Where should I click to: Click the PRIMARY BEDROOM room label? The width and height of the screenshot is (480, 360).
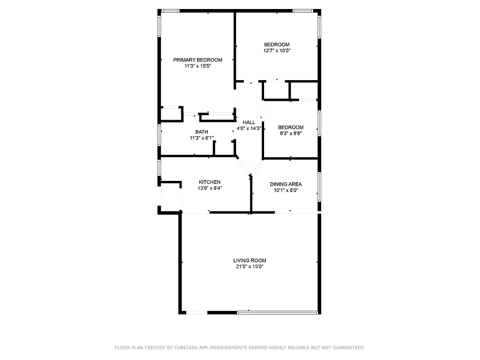[x=197, y=60]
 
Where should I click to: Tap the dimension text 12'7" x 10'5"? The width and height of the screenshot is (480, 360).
[x=277, y=51]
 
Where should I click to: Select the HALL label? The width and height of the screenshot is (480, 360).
[x=249, y=122]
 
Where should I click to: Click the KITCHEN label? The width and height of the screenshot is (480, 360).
[x=210, y=182]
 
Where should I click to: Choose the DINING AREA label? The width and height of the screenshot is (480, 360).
[x=286, y=184]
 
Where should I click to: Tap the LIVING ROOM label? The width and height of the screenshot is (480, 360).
[x=249, y=261]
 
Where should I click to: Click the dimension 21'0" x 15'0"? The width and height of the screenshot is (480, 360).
[x=249, y=267]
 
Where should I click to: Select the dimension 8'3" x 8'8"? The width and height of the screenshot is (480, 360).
[x=290, y=134]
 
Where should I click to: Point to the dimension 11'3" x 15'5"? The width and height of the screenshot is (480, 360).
[x=197, y=66]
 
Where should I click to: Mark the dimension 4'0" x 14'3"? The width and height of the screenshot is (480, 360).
[x=249, y=129]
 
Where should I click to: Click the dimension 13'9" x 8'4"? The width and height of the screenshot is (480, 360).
[x=210, y=189]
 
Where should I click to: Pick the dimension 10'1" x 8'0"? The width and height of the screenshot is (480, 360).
[x=286, y=190]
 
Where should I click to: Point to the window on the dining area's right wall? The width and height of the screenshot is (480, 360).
[x=319, y=185]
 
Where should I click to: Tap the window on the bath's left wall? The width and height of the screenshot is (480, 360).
[x=159, y=135]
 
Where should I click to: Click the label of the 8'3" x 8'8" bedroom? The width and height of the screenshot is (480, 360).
[x=290, y=127]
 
